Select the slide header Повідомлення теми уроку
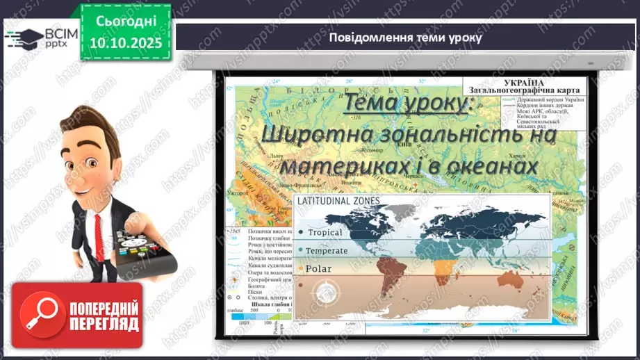[x=406, y=38]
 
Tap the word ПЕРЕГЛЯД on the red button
[x=105, y=324]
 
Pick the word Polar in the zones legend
[x=319, y=268]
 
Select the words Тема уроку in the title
[x=406, y=104]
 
